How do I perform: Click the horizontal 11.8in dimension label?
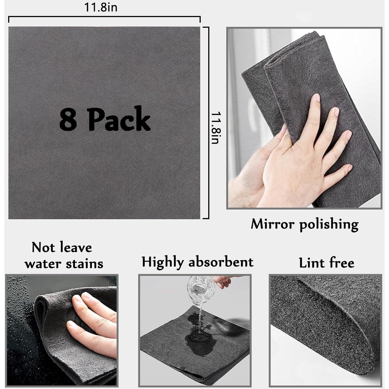(x=101, y=7)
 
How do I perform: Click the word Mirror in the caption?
(x=272, y=224)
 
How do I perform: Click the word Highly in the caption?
(x=162, y=262)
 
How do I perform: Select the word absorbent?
(x=221, y=262)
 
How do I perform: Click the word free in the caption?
(x=342, y=263)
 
